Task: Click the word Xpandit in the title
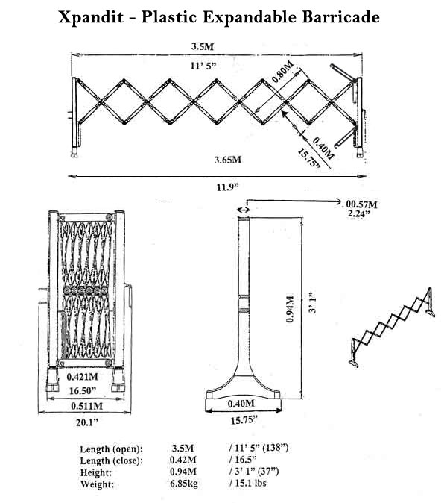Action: point(91,17)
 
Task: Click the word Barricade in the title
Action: point(340,16)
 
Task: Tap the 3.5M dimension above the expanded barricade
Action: point(203,46)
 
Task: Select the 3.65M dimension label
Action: point(228,160)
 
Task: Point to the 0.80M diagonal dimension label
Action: point(283,72)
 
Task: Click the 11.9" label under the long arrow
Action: point(228,187)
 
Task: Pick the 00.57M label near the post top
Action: point(361,204)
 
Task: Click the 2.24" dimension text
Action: point(359,213)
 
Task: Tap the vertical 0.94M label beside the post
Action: point(290,309)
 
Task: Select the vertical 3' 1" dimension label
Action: point(312,302)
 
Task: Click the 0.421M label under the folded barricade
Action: point(82,377)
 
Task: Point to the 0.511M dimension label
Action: point(87,406)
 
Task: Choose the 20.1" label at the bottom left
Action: point(86,422)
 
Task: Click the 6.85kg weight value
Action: point(184,484)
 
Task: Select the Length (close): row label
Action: point(112,460)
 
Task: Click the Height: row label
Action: point(96,472)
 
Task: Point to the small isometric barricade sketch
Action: point(392,327)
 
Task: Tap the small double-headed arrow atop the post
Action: point(244,210)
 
